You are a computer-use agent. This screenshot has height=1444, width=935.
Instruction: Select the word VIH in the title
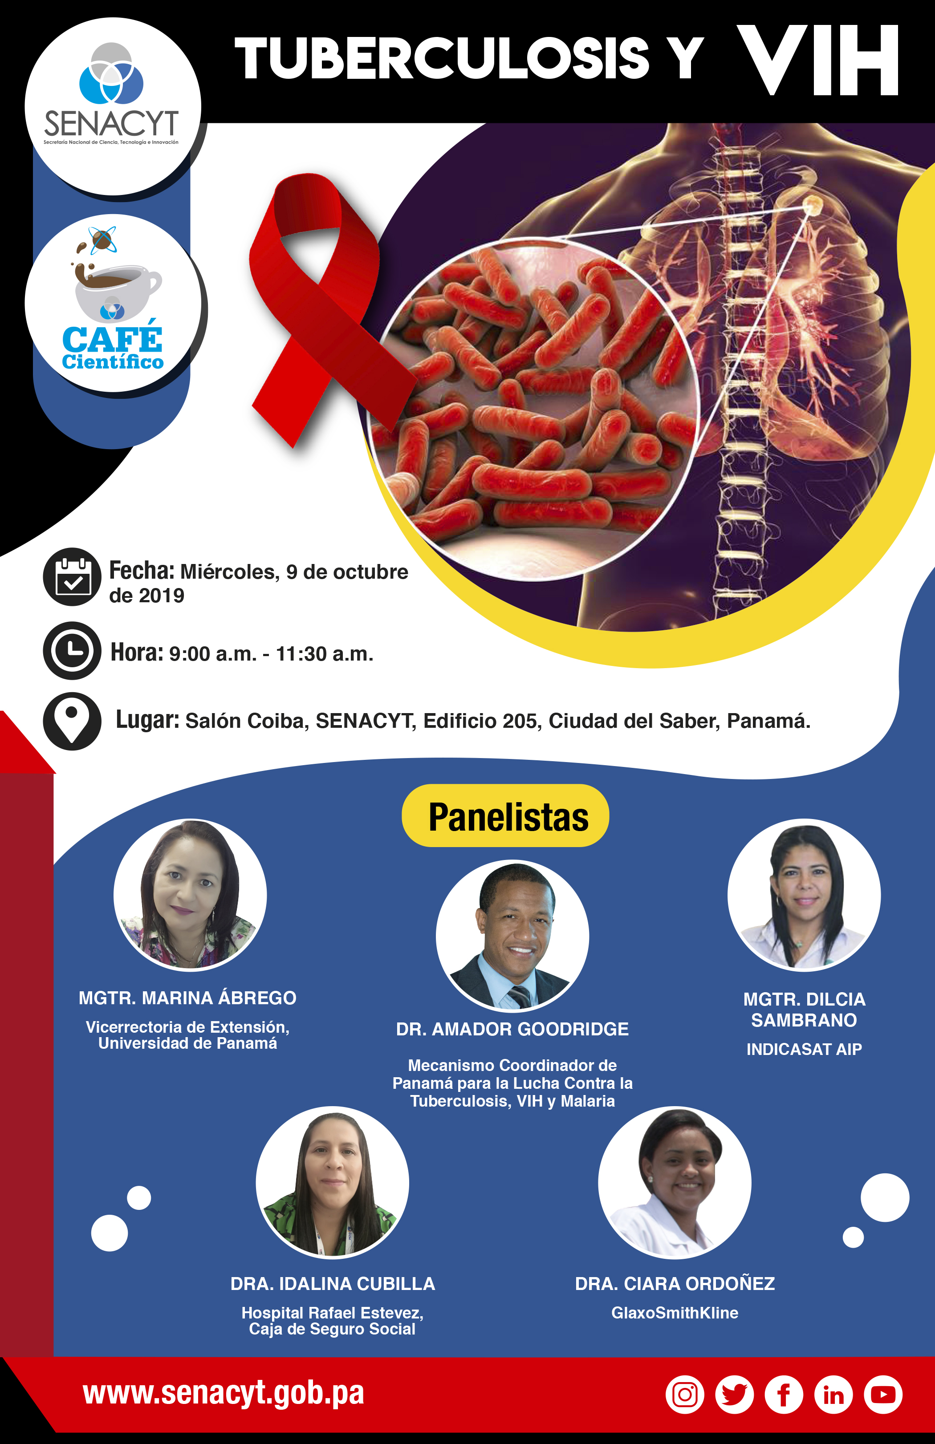click(x=818, y=60)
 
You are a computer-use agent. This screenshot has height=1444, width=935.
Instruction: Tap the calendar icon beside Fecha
click(x=72, y=576)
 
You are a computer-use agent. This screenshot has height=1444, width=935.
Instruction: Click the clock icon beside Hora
click(x=72, y=650)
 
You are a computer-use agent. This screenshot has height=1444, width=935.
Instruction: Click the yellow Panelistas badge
click(x=505, y=815)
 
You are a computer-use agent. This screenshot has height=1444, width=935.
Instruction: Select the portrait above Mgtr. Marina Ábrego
click(x=190, y=895)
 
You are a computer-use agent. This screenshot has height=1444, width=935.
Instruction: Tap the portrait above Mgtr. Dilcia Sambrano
click(x=804, y=895)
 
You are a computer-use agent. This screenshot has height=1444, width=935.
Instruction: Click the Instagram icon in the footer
click(x=685, y=1395)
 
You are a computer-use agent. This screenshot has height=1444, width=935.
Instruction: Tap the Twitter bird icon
click(x=734, y=1395)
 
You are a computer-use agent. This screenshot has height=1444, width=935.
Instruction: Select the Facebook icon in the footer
click(x=784, y=1395)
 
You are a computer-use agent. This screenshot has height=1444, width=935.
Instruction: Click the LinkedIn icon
click(x=833, y=1395)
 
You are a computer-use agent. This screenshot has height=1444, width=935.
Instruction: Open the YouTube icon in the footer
click(x=883, y=1395)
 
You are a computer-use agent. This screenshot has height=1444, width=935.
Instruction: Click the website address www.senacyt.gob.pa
click(x=223, y=1394)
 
